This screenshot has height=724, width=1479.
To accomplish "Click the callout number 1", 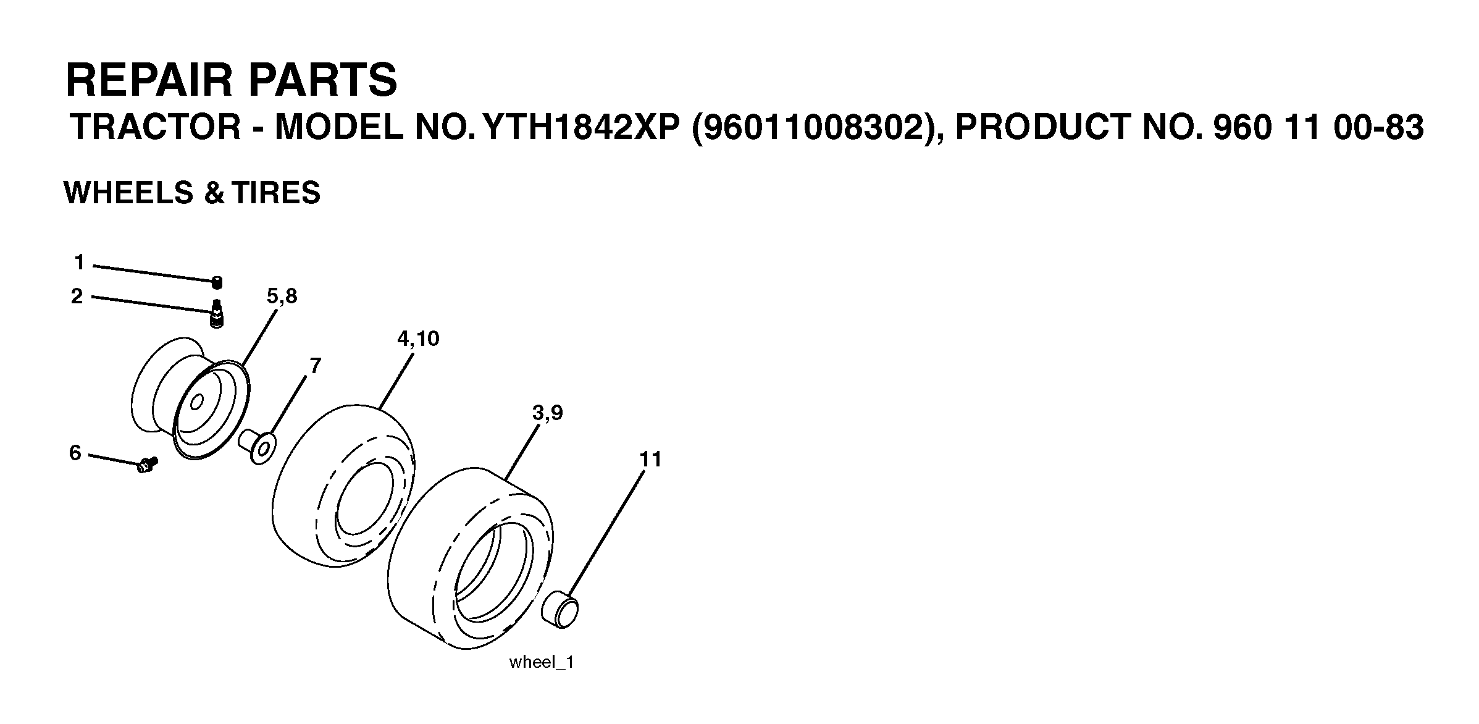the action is tap(79, 263).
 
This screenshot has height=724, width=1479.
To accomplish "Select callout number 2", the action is tap(77, 297).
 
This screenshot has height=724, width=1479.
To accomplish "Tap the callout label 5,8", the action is tap(282, 297).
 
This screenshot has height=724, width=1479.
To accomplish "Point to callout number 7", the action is tap(315, 366).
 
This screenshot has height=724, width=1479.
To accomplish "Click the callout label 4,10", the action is tap(418, 339).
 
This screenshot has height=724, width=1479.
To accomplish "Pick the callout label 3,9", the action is tap(547, 413).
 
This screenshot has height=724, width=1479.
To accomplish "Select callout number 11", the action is tap(650, 460).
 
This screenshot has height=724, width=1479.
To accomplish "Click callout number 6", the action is tap(75, 453).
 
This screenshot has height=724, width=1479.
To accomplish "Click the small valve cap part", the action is tap(217, 283).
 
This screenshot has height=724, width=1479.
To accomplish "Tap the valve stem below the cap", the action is tap(217, 314).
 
